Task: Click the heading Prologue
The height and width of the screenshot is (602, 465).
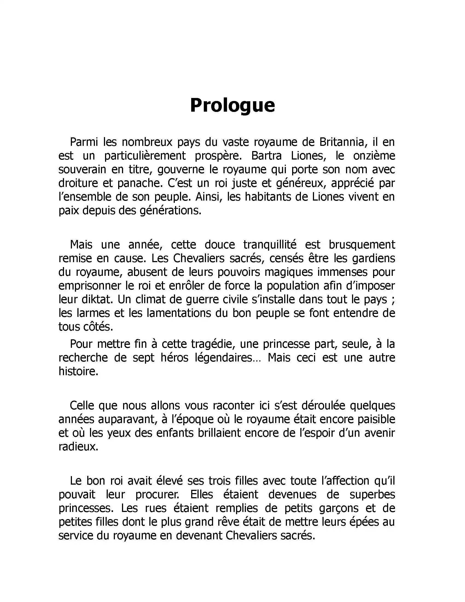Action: tap(232, 105)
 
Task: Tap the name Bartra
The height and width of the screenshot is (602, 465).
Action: tap(266, 156)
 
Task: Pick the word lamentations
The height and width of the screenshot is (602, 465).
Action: tap(179, 313)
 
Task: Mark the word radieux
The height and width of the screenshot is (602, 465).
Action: tap(78, 447)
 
